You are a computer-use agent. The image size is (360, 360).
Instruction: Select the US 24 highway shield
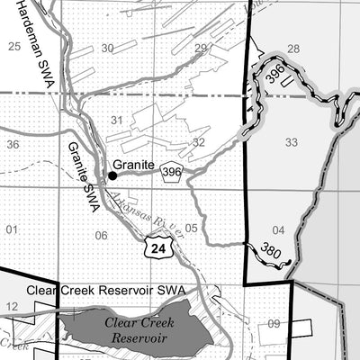(158, 246)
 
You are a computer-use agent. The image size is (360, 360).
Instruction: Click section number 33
(291, 142)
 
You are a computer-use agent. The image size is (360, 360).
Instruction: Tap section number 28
(292, 49)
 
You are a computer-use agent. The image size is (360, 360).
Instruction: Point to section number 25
(13, 45)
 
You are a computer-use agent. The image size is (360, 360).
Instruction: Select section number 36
(13, 144)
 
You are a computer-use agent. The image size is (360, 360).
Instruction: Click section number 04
(278, 230)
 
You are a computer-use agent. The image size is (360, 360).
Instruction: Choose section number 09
(274, 324)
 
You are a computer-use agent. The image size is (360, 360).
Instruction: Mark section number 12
(12, 308)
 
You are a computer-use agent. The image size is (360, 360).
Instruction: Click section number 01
(12, 230)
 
